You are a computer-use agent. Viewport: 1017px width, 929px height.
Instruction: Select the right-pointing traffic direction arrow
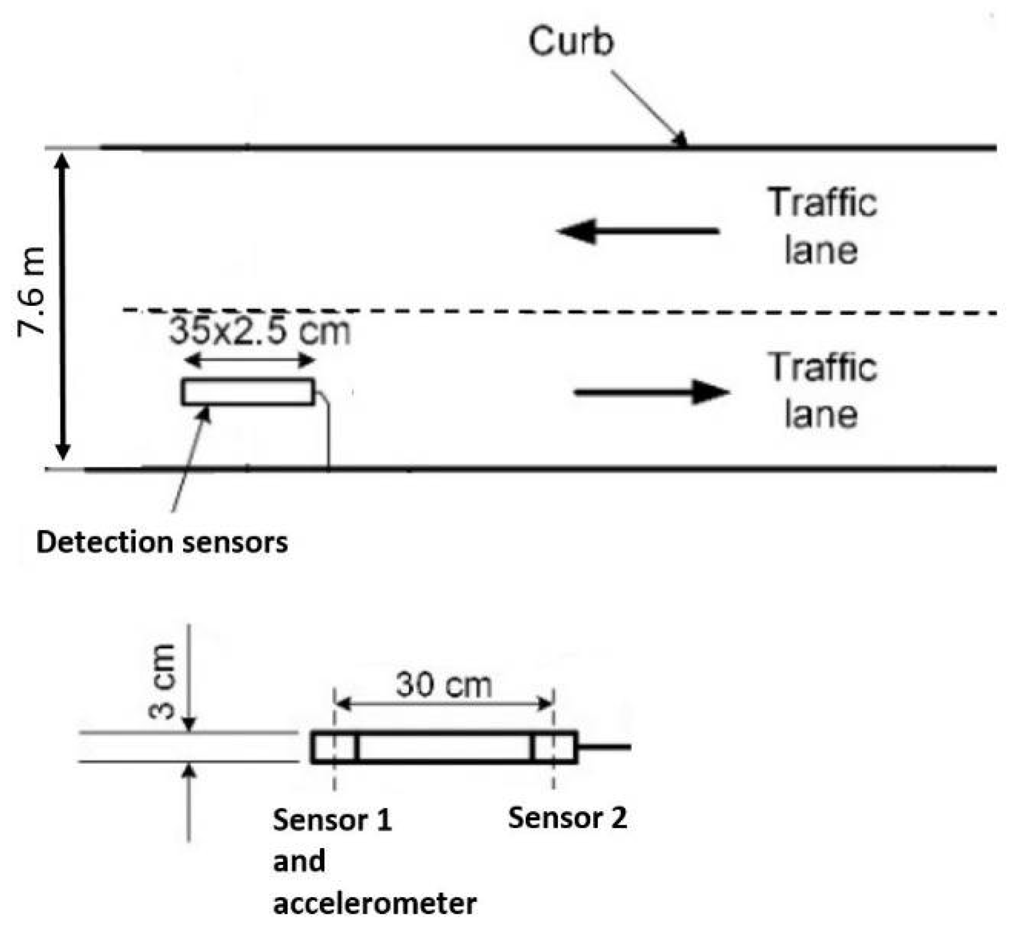coord(651,392)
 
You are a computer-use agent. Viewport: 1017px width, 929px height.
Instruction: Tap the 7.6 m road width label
coord(31,292)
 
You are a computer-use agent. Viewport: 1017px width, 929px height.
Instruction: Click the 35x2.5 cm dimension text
coord(260,331)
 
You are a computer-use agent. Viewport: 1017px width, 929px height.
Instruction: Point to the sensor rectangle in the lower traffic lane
coord(248,392)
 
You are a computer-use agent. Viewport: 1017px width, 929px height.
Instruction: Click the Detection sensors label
coord(162,542)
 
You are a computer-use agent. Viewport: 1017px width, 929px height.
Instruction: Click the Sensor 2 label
coord(567,818)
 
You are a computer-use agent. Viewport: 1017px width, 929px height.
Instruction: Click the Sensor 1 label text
coord(332,820)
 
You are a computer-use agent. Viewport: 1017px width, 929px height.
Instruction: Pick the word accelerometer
coord(375,903)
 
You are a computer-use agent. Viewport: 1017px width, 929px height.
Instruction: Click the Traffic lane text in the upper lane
coord(822,227)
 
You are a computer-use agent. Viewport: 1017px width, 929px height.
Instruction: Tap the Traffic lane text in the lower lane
coord(822,391)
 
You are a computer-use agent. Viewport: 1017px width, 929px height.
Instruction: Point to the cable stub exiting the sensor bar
coord(604,747)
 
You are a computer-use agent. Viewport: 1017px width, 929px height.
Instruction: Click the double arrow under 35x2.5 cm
coord(250,360)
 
